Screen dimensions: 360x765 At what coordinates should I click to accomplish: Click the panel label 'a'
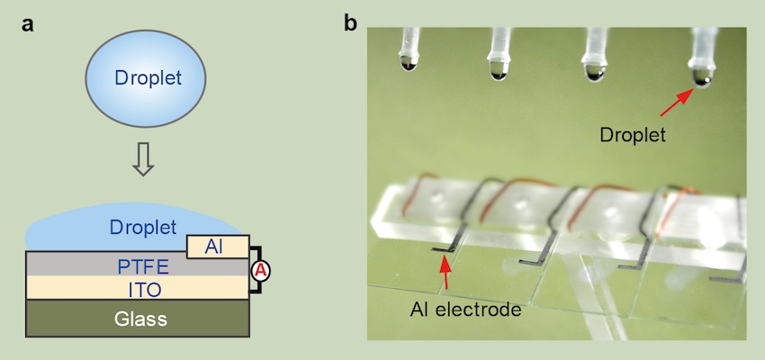29,24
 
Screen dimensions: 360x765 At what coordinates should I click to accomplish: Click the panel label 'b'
352,24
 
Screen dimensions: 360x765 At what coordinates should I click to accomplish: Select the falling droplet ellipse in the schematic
148,78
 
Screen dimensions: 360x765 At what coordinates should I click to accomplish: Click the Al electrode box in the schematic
213,247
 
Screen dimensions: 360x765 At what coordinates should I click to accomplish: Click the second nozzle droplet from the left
497,67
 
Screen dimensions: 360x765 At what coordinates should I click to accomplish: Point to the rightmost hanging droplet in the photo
701,77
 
